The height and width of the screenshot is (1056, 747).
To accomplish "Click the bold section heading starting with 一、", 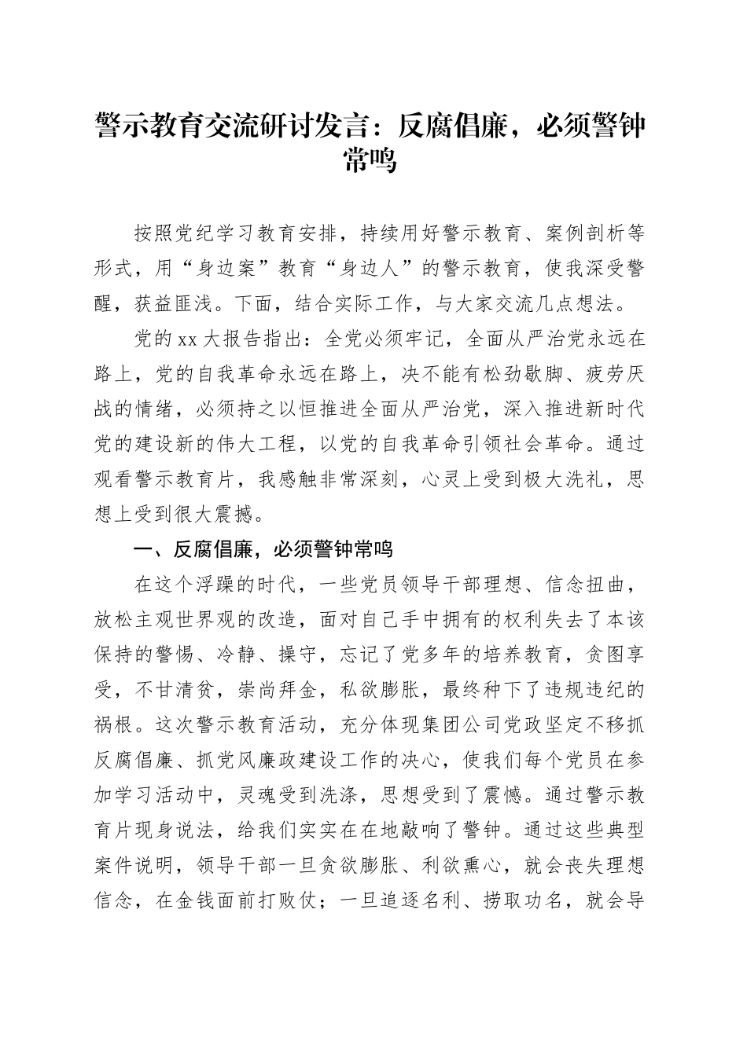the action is [x=263, y=549].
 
